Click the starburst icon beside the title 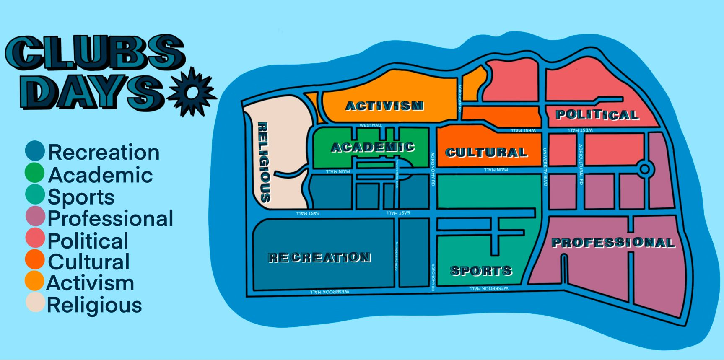192,92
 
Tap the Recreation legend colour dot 35,151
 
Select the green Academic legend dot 35,173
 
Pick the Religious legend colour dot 35,303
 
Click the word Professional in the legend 110,218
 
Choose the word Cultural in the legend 88,262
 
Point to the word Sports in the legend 81,197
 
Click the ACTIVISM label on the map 384,106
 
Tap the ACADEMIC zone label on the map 373,147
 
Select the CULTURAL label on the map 486,153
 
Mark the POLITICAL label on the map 597,114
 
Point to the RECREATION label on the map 319,257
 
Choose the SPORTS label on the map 481,271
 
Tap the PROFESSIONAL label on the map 613,243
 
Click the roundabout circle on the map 645,169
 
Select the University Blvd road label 545,167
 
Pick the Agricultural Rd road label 581,164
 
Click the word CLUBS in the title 95,53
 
